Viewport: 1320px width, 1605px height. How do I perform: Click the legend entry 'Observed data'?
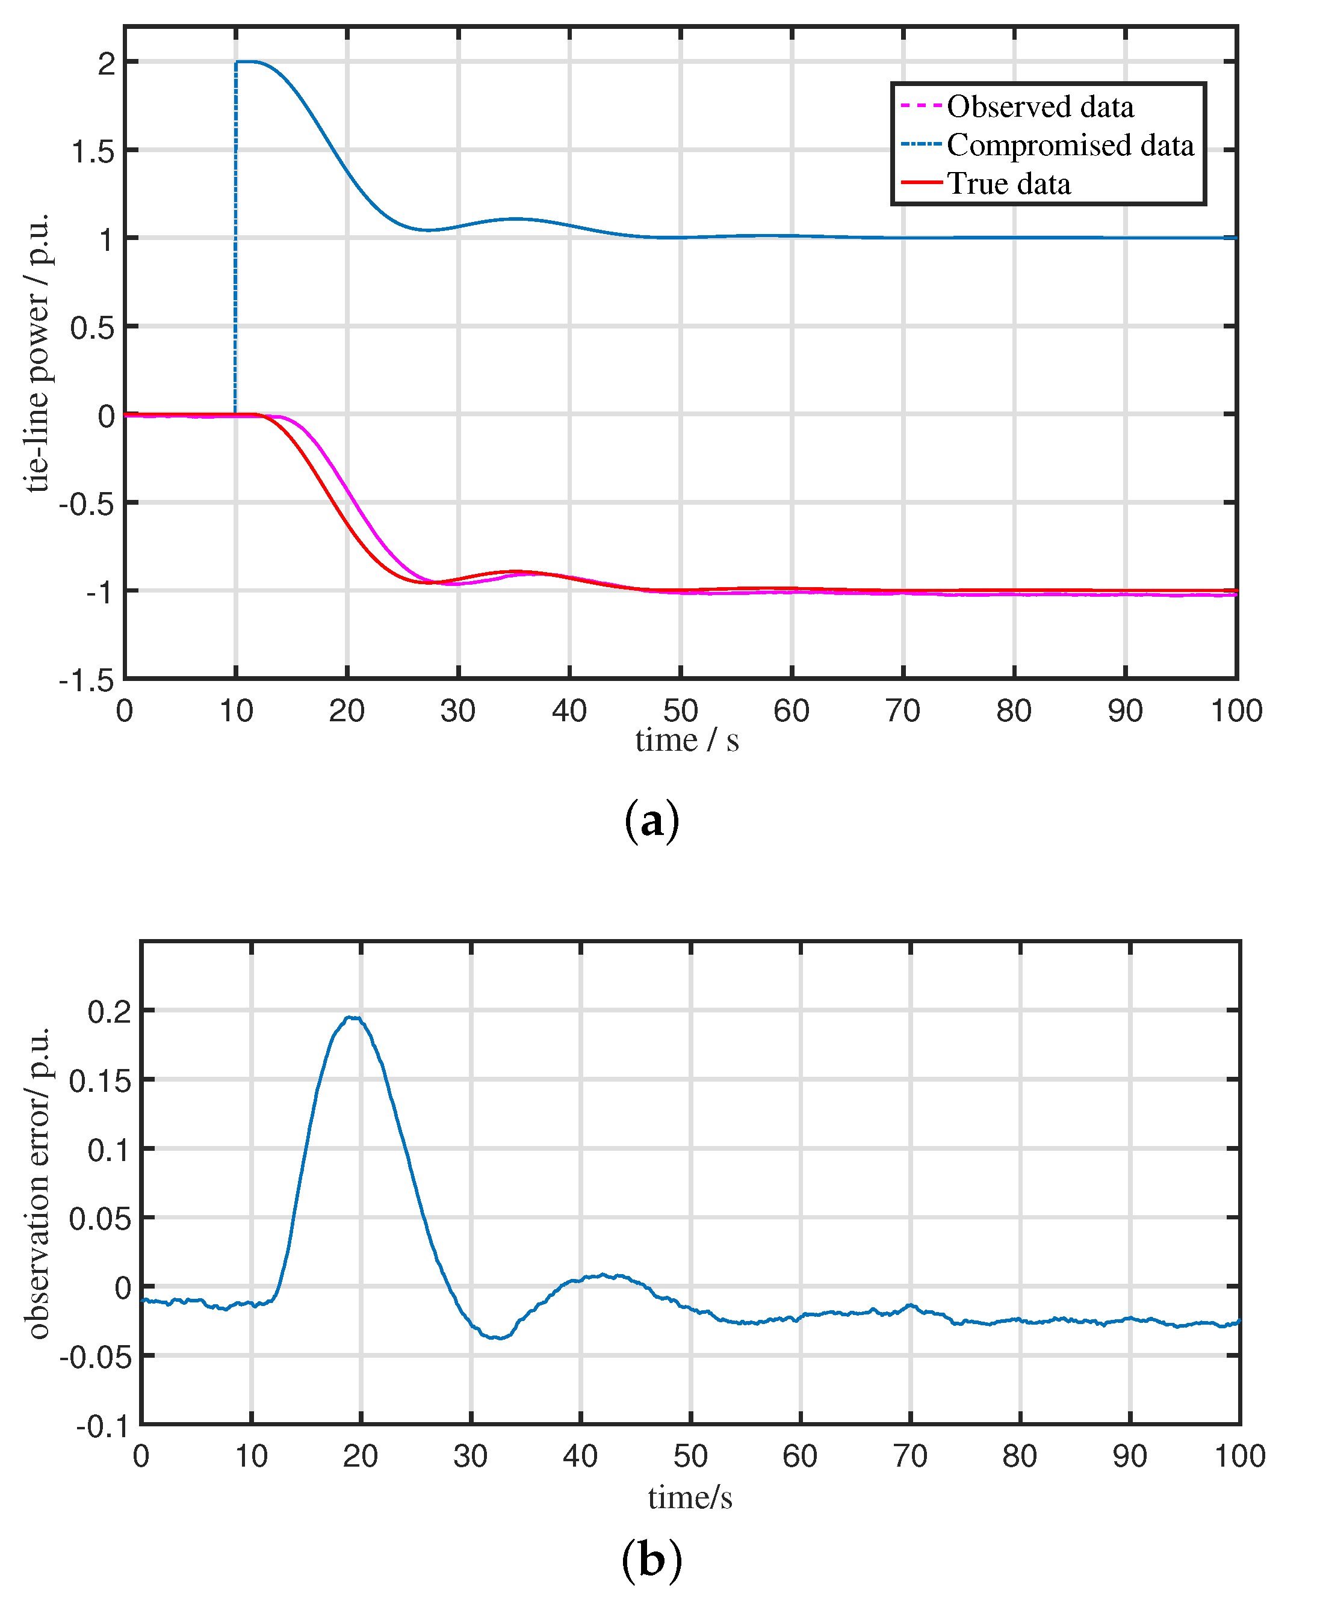pos(1040,107)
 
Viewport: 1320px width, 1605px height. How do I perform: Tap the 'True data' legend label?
pos(1008,185)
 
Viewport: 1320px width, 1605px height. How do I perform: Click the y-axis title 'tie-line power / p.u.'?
pos(37,353)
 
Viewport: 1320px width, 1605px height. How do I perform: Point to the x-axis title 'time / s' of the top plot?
pos(687,740)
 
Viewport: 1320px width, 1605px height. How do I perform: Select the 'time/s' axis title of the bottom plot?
pos(690,1498)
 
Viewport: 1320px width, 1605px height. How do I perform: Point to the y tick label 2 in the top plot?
pos(107,63)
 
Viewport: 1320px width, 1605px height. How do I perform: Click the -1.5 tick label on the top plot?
pos(87,680)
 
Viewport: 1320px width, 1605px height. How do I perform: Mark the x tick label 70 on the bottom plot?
pos(909,1456)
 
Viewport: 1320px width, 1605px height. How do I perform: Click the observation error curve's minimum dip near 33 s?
pos(499,1339)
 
